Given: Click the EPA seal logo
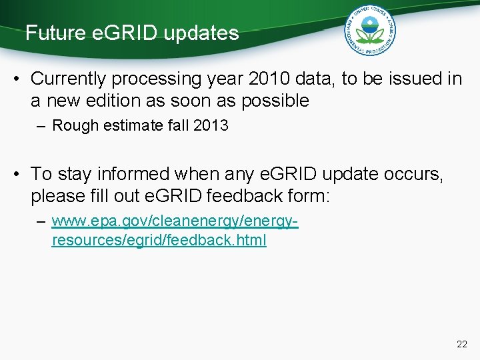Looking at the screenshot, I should click(x=369, y=31).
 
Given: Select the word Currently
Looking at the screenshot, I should click(x=69, y=79).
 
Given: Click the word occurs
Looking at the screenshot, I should click(x=416, y=175).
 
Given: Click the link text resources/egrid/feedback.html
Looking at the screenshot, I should click(x=159, y=241).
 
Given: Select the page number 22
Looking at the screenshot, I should click(x=462, y=344).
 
